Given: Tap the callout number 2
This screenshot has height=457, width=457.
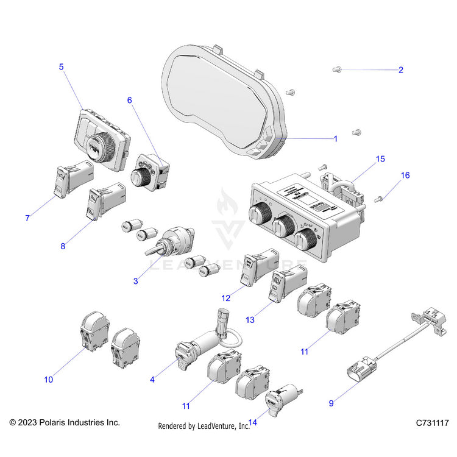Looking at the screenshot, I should [400, 70].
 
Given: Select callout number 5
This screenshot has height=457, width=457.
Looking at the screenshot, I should [61, 67].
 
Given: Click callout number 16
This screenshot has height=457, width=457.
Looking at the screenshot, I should [405, 175].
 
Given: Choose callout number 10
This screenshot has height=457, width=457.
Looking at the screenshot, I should [49, 380].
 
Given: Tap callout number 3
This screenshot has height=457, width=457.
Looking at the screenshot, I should [135, 281].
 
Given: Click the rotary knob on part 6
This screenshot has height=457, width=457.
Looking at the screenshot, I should [141, 178].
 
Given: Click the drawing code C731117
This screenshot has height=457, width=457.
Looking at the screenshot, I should [432, 422].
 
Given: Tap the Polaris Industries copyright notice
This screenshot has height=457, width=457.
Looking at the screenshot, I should [65, 422].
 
